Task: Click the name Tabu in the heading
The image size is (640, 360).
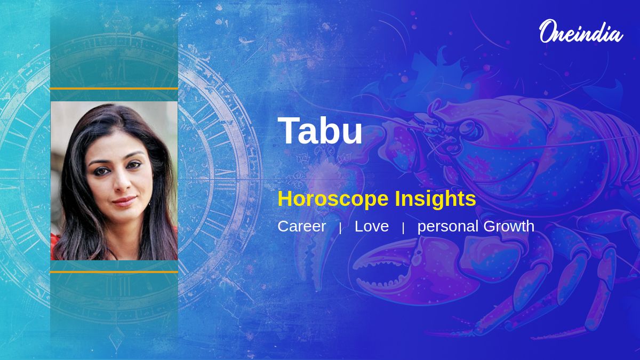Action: tap(320, 131)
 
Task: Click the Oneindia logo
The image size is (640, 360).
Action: tap(580, 32)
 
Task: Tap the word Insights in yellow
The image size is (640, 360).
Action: tap(435, 199)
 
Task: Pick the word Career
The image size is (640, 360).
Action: tap(301, 226)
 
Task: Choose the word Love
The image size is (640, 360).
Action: tap(372, 226)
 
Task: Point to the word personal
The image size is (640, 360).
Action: tap(447, 227)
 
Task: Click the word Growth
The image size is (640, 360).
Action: tap(509, 226)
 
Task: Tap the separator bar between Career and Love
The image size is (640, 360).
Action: tap(340, 228)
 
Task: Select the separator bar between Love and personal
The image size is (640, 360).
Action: tap(403, 228)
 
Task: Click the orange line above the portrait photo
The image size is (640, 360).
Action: tap(114, 89)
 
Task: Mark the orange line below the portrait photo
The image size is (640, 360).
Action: tap(114, 272)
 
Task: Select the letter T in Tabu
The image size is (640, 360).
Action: tap(288, 131)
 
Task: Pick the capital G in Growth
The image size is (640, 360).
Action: tap(490, 226)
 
